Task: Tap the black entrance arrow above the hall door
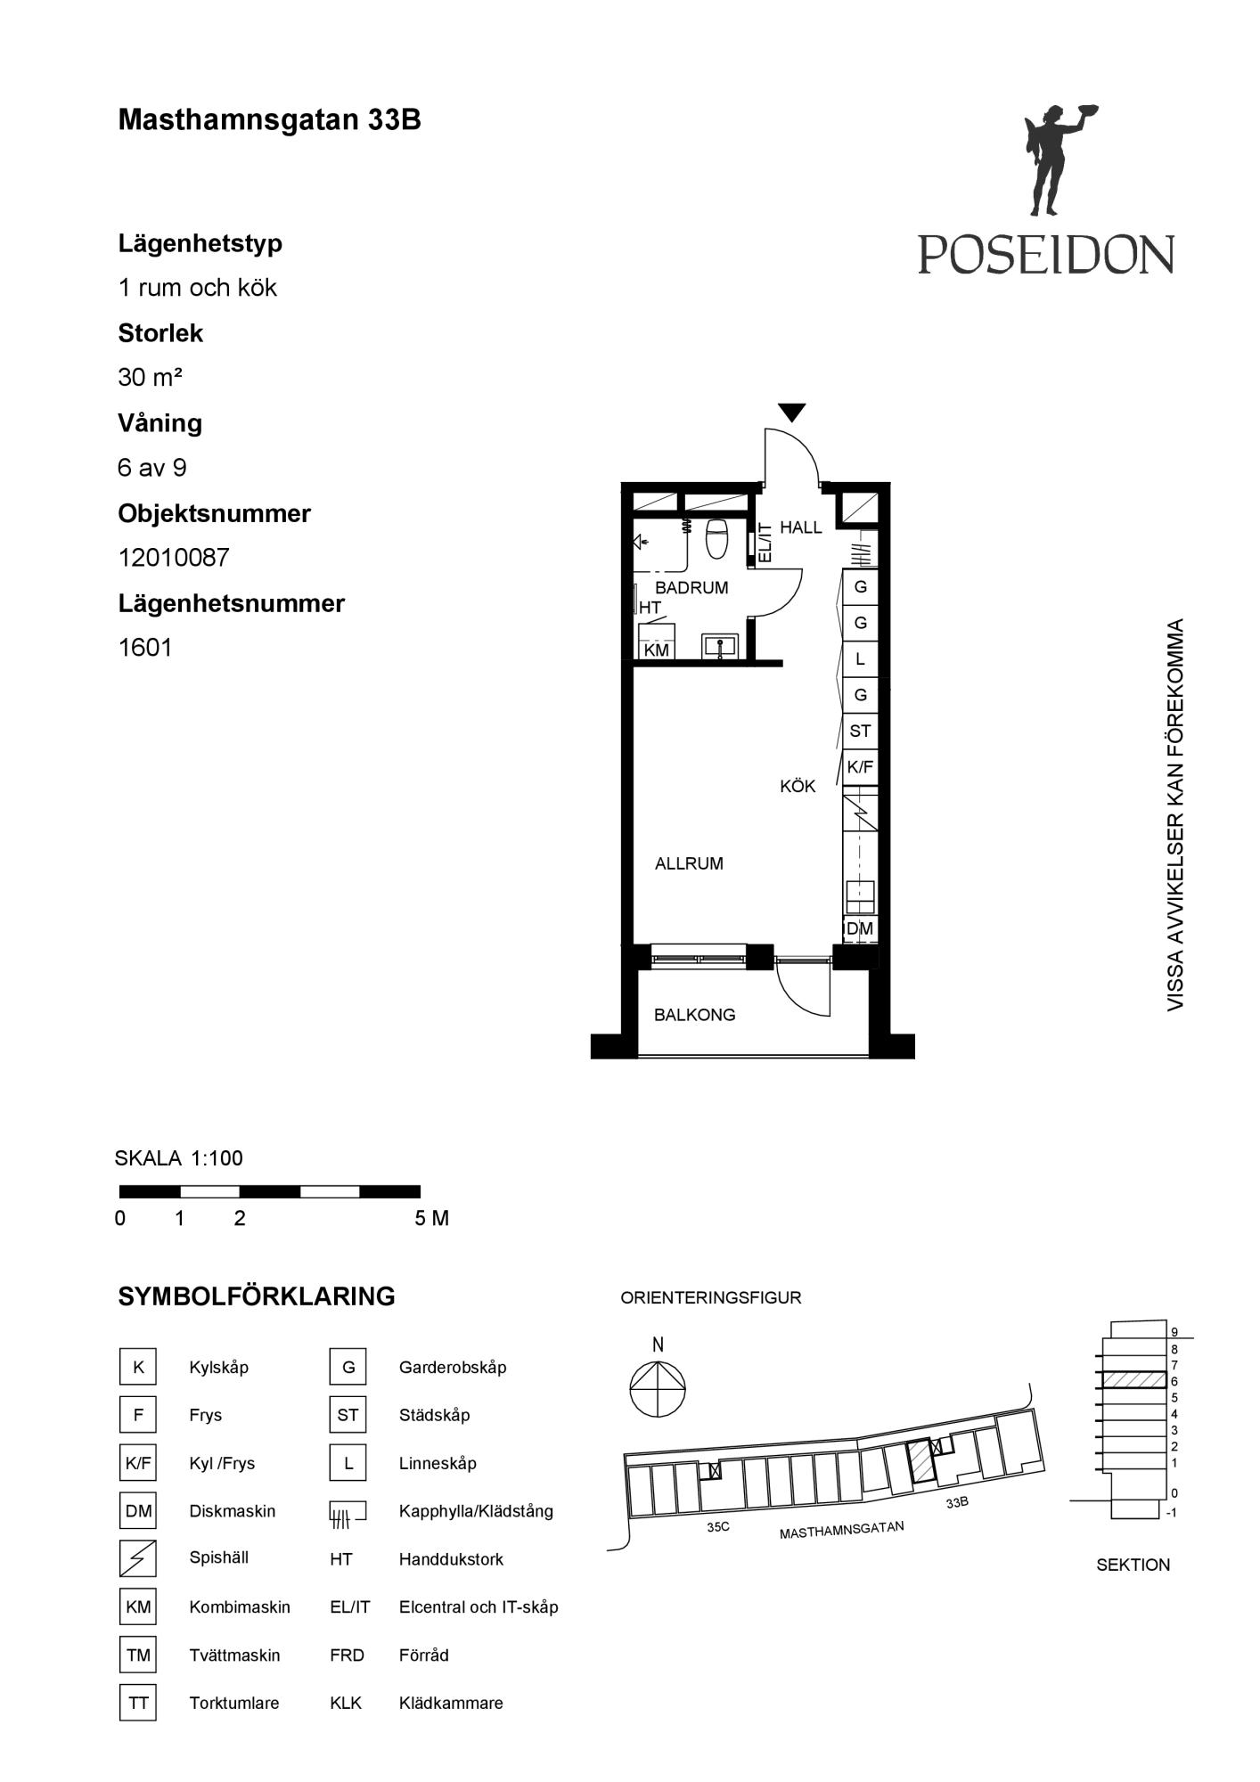[x=792, y=413]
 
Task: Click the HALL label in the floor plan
[x=801, y=527]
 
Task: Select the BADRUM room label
[x=691, y=588]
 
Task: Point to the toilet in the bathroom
[x=717, y=538]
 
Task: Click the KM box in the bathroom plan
[x=657, y=650]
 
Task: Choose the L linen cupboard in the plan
[x=860, y=659]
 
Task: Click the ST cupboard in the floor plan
[x=860, y=732]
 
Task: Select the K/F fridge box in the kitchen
[x=860, y=767]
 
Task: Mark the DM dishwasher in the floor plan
[x=860, y=929]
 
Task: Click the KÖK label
[x=798, y=787]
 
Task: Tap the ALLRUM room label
[x=689, y=863]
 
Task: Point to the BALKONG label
[x=695, y=1015]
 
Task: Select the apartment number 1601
[x=145, y=648]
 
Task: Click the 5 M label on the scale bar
[x=432, y=1219]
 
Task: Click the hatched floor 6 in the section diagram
[x=1133, y=1380]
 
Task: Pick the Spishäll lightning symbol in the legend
[x=138, y=1559]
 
